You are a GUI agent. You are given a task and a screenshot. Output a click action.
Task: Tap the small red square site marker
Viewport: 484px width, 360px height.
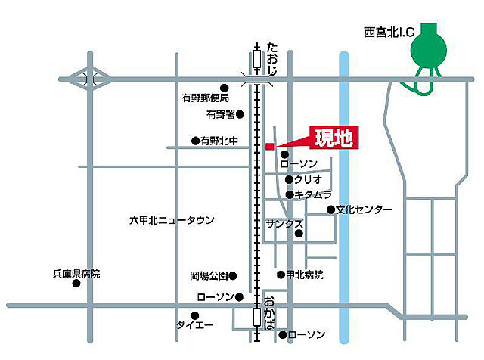pos(269,146)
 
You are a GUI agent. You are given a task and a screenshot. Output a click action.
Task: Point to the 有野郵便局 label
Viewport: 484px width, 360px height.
pos(200,98)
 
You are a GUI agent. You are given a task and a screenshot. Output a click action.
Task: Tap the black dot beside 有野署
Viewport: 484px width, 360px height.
pos(240,115)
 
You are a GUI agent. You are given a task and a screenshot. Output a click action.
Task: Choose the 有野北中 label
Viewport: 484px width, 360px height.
pos(219,141)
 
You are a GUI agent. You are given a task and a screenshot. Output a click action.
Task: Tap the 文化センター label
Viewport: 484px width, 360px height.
pos(365,209)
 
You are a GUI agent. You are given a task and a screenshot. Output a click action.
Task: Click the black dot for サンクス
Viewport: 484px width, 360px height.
pos(299,234)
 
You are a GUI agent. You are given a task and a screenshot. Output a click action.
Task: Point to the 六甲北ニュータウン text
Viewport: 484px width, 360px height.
pos(172,220)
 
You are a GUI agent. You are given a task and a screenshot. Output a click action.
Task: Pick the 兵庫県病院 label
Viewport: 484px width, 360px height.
pos(76,274)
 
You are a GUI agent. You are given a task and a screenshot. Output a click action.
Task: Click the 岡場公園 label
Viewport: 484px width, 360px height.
pos(208,276)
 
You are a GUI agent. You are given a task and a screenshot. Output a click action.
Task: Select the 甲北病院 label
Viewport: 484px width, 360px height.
pos(306,275)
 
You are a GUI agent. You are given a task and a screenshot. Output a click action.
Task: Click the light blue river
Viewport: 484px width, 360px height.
pos(344,227)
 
